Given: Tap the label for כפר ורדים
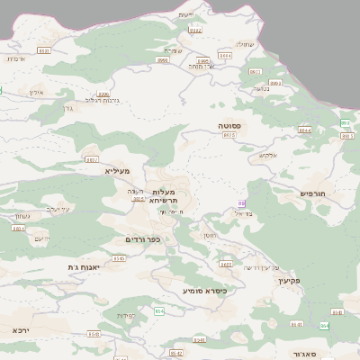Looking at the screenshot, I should click(x=141, y=238).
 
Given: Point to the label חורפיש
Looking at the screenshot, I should click(x=311, y=193).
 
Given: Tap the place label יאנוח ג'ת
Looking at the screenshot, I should click(x=83, y=267).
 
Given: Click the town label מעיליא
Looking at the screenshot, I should click(x=117, y=170).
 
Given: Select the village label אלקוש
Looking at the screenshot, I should click(x=267, y=155).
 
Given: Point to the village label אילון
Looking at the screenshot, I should click(x=37, y=93).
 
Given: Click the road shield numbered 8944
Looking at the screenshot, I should click(x=304, y=130).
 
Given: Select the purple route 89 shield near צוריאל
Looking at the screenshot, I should click(x=240, y=203).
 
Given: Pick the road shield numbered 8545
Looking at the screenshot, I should click(x=119, y=258).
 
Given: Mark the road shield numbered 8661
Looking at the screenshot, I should click(x=225, y=265).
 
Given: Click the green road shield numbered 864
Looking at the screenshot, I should click(x=324, y=325).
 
